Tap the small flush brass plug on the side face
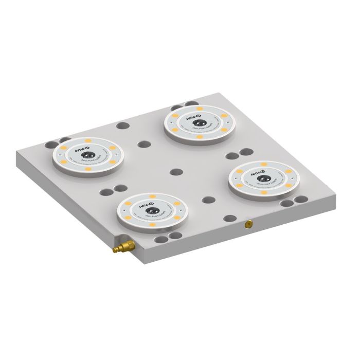click(x=247, y=224)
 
